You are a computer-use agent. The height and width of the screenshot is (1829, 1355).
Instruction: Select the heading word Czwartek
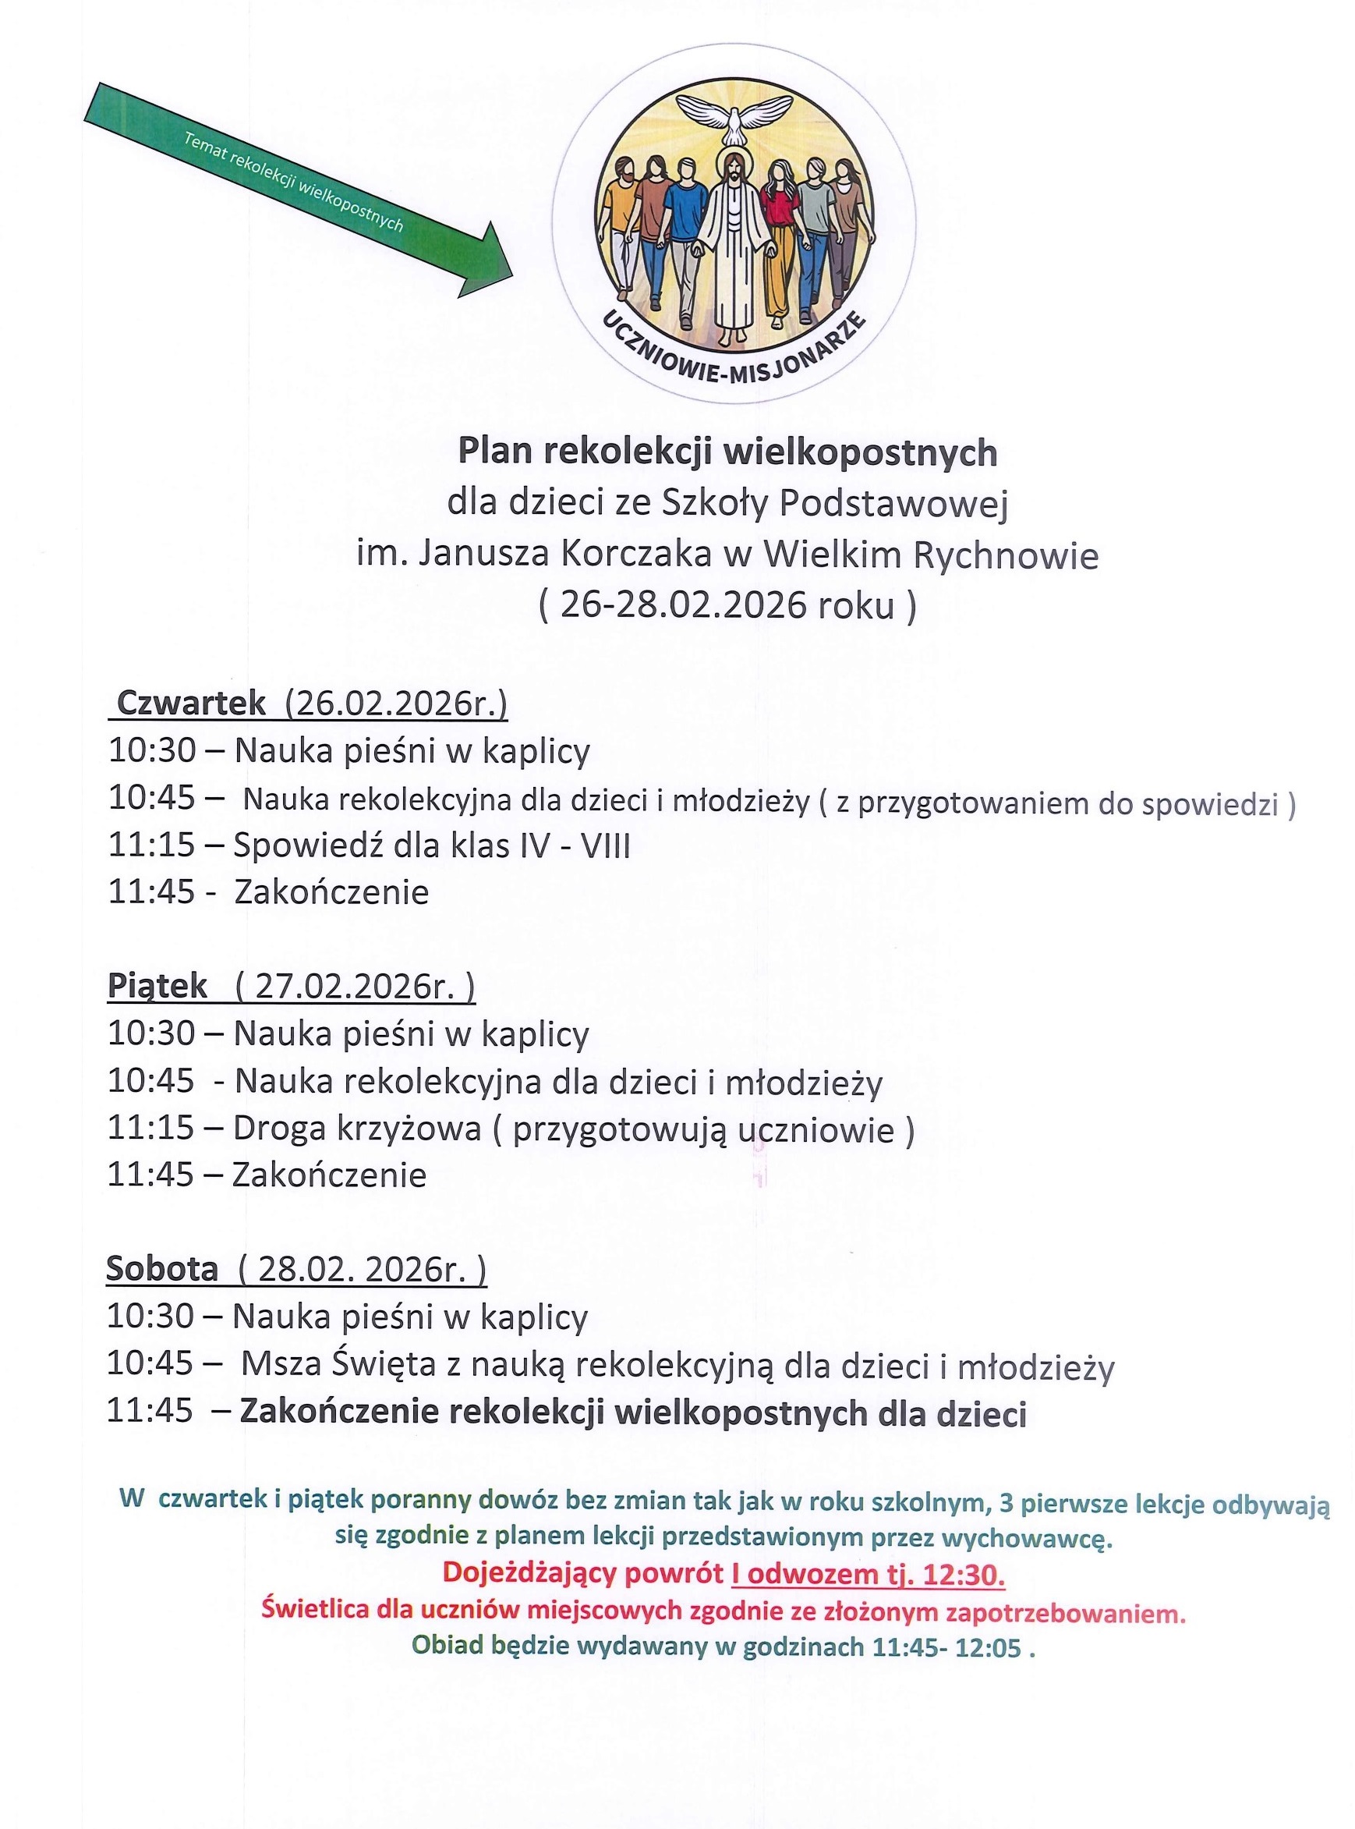[192, 704]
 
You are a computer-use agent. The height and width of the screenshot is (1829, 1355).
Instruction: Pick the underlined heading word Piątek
[157, 986]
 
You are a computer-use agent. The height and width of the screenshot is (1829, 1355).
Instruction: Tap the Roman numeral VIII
[605, 845]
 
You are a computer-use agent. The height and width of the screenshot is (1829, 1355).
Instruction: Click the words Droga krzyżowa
[357, 1129]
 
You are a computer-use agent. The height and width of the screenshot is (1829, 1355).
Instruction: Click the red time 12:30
[964, 1573]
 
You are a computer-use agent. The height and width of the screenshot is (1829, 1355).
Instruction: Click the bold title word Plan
[495, 452]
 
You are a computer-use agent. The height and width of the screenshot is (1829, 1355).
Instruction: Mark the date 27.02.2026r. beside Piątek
[353, 986]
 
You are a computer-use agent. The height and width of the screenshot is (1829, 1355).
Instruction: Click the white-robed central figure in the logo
[731, 246]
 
